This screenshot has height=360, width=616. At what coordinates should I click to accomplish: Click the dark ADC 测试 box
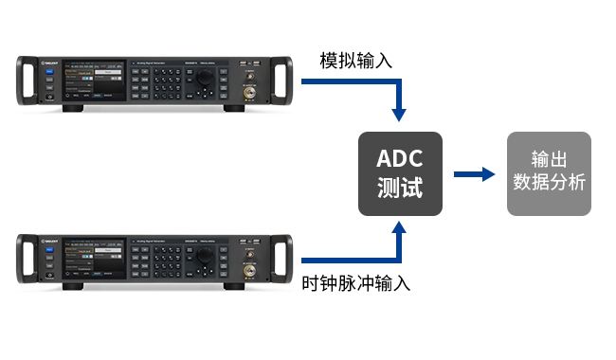click(399, 173)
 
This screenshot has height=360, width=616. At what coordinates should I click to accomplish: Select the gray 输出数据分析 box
click(549, 173)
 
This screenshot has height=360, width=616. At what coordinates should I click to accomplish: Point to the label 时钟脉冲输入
click(356, 283)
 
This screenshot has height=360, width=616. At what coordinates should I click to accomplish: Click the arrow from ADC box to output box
click(475, 173)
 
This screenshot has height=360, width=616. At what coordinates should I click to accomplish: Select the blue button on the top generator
click(48, 69)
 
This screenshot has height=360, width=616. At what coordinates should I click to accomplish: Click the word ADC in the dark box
click(399, 157)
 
